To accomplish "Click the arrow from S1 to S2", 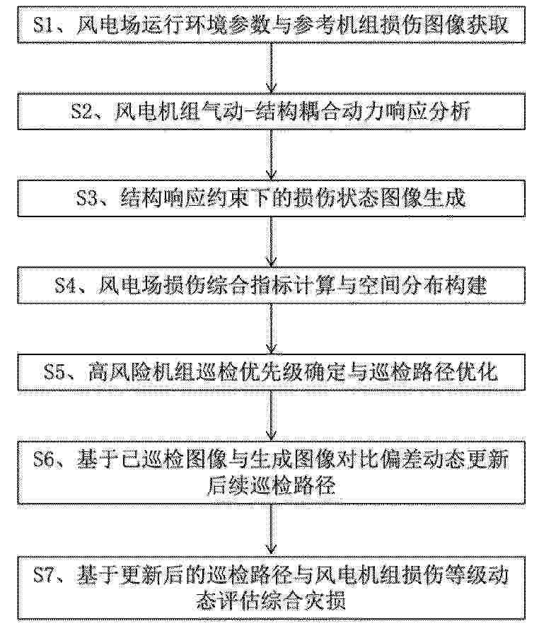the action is [272, 68].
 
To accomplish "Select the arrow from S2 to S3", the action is [272, 154].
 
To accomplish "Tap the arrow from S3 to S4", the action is [272, 242].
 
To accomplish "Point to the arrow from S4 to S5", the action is [272, 328].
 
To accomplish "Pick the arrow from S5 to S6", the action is [272, 415].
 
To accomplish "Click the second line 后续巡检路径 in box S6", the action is [271, 487].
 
